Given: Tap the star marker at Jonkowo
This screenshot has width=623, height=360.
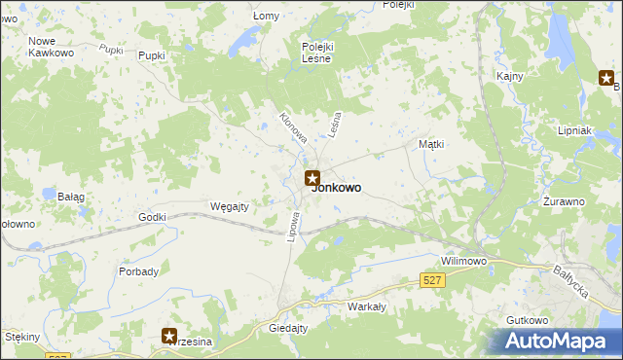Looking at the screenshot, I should pos(312,178).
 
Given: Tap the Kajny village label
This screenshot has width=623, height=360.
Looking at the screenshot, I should pos(509,76).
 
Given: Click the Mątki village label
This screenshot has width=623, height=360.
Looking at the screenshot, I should pos(431,144).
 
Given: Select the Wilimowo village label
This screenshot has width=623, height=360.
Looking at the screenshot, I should pos(463,262).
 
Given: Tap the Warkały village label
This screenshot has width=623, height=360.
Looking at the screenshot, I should pos(367,306).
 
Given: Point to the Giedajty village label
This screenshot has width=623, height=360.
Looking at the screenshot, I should pos(288,329).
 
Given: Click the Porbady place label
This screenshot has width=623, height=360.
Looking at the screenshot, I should pos(138,271).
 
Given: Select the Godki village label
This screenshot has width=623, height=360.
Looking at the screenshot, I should pos(154,217).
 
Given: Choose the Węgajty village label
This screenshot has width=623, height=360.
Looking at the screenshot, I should pos(231,205).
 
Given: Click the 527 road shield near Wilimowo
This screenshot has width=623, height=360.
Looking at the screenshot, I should pos(434,280).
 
